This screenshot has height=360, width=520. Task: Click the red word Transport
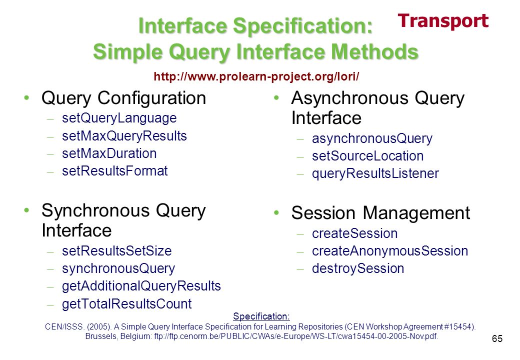coord(443,21)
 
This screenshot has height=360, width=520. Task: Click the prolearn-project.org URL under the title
coord(256,76)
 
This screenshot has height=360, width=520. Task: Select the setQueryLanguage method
coord(119,118)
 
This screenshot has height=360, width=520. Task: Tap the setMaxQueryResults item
coord(124,136)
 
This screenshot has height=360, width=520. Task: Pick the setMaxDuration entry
coord(109,153)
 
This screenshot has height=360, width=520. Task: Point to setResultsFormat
coord(114,171)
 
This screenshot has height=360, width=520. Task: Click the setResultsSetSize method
coord(116,251)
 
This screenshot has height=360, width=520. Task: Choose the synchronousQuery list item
coord(118,269)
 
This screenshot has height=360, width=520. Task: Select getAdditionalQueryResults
coord(141,286)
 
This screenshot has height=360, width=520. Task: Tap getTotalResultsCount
coord(126,304)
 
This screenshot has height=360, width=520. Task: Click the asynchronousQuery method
coord(372,138)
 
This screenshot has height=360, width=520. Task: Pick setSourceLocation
coord(368,156)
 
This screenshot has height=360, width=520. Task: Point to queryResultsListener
coord(375,173)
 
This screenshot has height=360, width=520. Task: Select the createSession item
coord(354,233)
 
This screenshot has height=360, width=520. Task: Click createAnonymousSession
coord(390,251)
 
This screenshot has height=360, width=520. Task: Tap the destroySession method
coord(358,269)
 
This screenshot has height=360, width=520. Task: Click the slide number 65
coord(497,338)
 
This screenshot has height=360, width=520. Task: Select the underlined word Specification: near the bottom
coord(261,316)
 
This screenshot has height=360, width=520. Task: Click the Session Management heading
coord(380,213)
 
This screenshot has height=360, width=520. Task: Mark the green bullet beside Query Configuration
coord(26,98)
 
